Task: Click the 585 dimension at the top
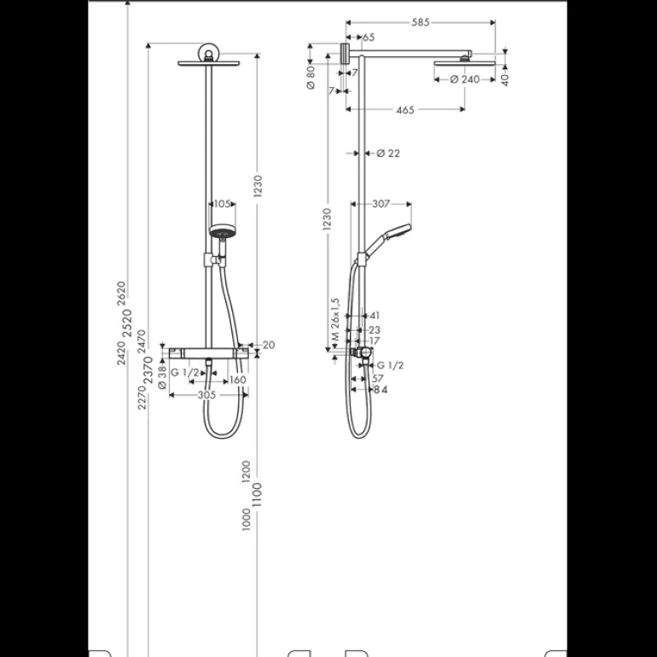(421, 22)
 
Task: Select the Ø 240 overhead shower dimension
(465, 79)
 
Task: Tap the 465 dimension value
(404, 110)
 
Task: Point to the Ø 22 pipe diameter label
(388, 154)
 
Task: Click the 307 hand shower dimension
(381, 204)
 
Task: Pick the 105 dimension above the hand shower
(222, 204)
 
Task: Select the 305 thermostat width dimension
(206, 395)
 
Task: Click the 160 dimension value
(237, 380)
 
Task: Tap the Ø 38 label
(163, 377)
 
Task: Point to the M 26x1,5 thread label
(334, 319)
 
